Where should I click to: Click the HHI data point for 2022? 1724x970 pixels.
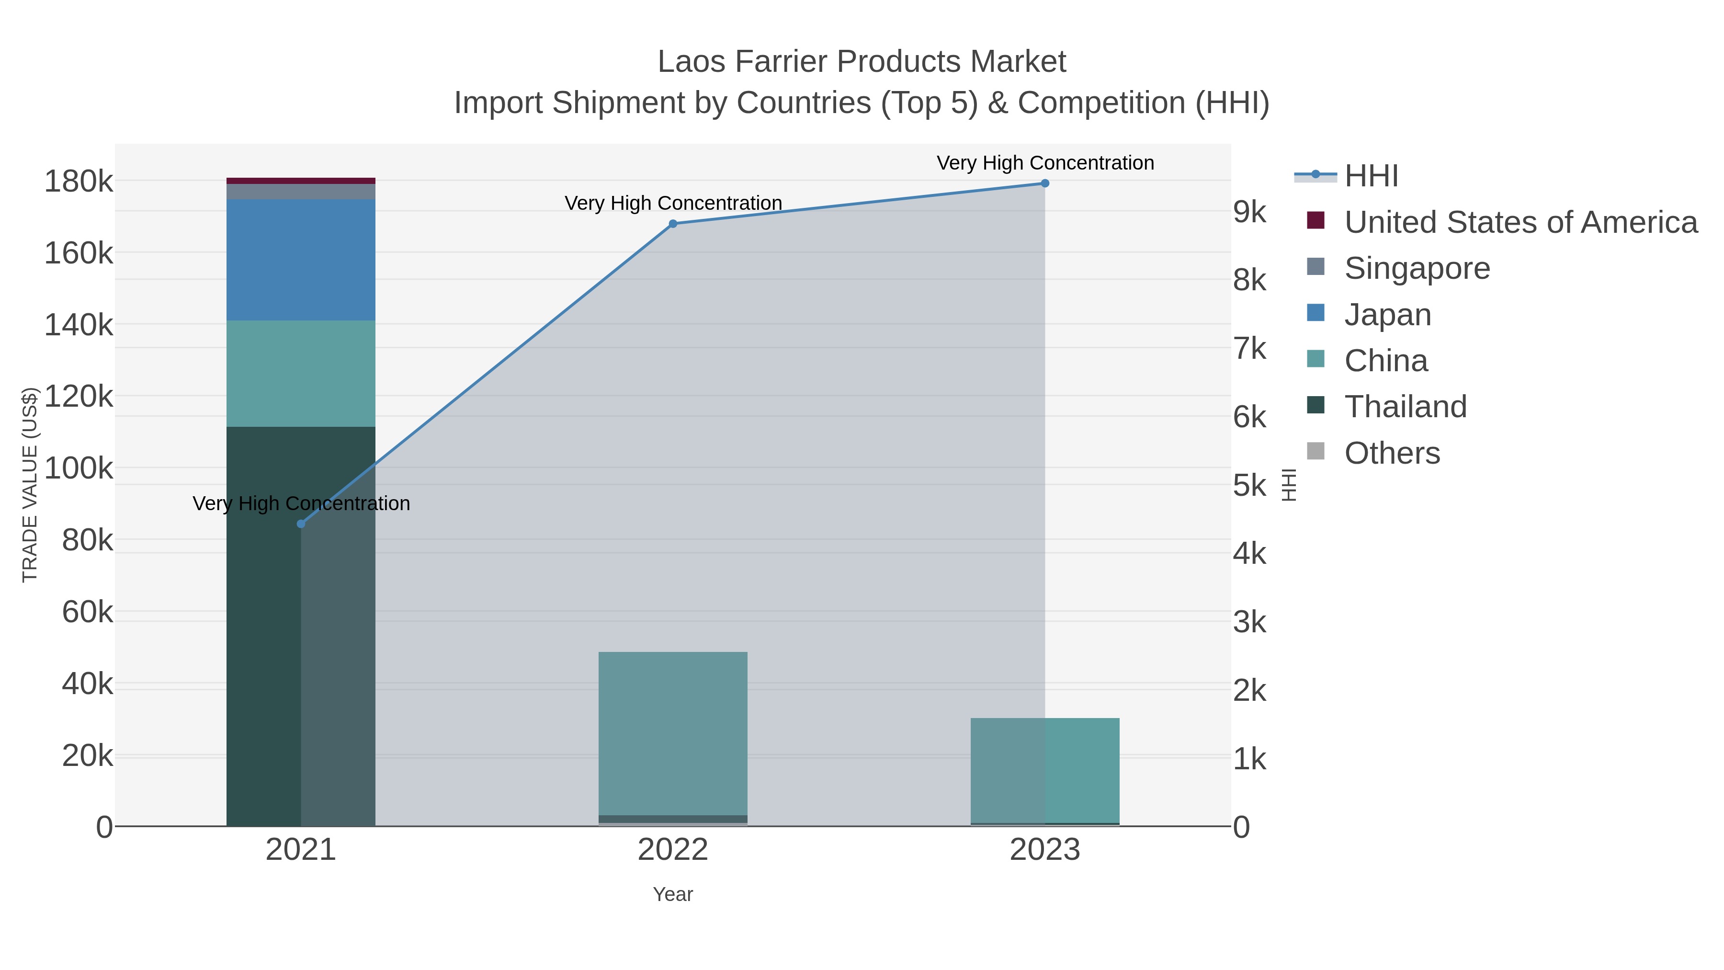(x=673, y=224)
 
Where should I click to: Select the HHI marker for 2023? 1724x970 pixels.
(x=1045, y=183)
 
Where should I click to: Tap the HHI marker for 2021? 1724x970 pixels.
(x=301, y=524)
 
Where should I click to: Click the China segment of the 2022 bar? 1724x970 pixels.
(x=673, y=733)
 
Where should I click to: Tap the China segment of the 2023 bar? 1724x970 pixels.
(x=1045, y=770)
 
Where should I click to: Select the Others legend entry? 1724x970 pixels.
(x=1392, y=453)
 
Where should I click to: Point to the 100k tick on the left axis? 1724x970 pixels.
(x=79, y=468)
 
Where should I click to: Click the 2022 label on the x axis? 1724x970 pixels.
(x=673, y=850)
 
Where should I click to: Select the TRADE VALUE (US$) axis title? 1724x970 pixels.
(x=30, y=485)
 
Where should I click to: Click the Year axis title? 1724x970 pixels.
(x=673, y=894)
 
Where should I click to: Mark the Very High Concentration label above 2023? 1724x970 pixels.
(x=1045, y=163)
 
